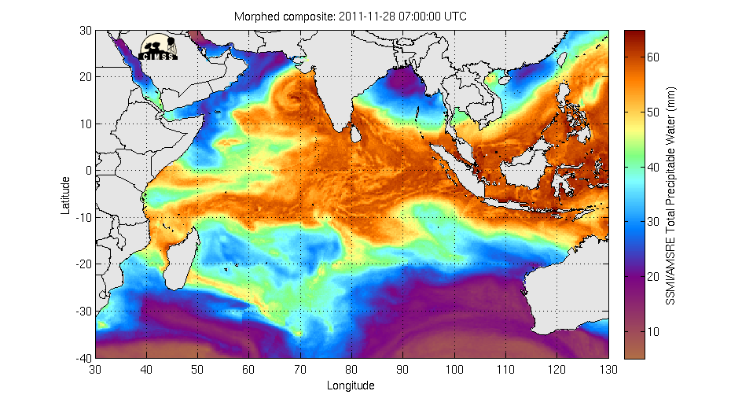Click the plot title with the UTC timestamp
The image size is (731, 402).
point(351,17)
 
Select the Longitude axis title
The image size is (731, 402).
point(351,385)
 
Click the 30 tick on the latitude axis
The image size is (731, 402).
point(86,31)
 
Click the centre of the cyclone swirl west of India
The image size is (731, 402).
point(296,100)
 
